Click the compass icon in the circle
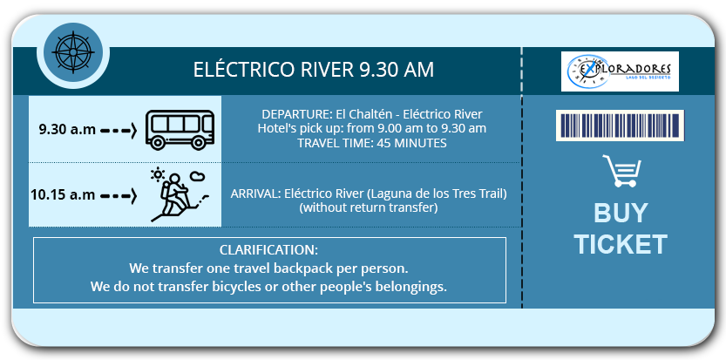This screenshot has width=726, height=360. (72, 53)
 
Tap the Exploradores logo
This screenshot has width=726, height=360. (620, 71)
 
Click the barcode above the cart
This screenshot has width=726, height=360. (620, 126)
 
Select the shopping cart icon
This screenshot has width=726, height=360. (621, 171)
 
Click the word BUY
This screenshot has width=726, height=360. (621, 214)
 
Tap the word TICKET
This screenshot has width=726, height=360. (621, 244)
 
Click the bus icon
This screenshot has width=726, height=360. (180, 130)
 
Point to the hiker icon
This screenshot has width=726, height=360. (179, 194)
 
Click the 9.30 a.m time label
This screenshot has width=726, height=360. (68, 129)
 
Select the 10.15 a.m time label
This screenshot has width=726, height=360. (63, 194)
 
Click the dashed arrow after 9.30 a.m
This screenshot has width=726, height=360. (119, 130)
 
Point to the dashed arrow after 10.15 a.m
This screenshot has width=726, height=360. (119, 195)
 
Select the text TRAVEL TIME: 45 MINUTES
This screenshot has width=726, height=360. (372, 143)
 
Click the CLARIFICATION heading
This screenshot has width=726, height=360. (269, 249)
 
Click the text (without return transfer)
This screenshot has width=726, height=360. (369, 208)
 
